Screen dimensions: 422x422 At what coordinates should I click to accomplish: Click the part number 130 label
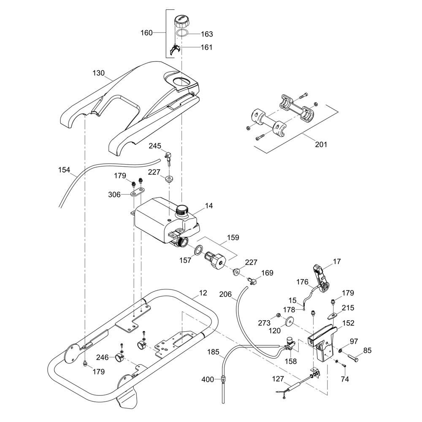point(98,73)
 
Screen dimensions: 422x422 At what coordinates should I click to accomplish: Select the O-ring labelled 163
point(182,33)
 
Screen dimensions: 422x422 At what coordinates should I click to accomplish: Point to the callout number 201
point(321,144)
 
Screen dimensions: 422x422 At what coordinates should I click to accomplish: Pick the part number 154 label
point(64,170)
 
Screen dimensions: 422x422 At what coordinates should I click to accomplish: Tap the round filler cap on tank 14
point(182,209)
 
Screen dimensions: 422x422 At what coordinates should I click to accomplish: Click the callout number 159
point(233,238)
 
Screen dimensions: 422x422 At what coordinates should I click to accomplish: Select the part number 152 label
point(349,323)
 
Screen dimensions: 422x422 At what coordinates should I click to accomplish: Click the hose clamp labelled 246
point(119,359)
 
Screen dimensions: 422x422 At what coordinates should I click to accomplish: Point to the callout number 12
point(203,292)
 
